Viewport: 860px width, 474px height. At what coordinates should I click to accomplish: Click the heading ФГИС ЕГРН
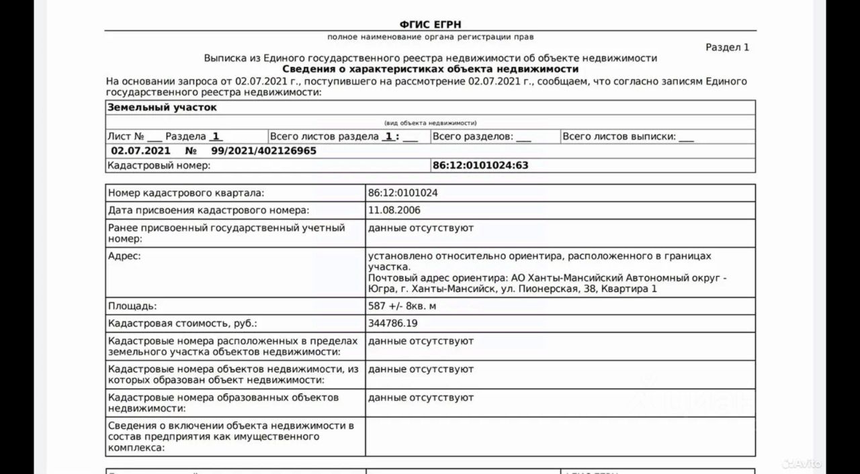(x=430, y=25)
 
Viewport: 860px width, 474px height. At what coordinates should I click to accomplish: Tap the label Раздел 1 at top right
(x=727, y=47)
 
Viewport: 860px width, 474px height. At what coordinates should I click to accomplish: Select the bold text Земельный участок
(x=162, y=107)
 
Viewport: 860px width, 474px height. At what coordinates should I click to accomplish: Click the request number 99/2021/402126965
(x=263, y=151)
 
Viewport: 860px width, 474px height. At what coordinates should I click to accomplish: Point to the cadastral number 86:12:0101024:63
(x=480, y=165)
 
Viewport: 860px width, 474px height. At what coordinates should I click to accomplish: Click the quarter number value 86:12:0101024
(x=403, y=193)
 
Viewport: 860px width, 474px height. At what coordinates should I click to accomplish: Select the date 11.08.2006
(x=394, y=210)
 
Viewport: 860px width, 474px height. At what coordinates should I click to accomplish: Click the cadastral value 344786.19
(x=393, y=323)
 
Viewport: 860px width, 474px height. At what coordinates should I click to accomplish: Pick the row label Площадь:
(x=132, y=306)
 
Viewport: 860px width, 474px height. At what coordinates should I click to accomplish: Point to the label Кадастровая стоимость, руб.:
(x=183, y=323)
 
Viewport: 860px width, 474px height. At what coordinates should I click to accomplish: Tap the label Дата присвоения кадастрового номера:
(x=209, y=210)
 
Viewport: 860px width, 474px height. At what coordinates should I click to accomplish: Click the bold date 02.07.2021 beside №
(x=140, y=151)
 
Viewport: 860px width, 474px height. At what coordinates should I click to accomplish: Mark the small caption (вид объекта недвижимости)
(x=430, y=123)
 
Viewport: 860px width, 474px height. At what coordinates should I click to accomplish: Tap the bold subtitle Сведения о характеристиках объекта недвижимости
(x=430, y=69)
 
